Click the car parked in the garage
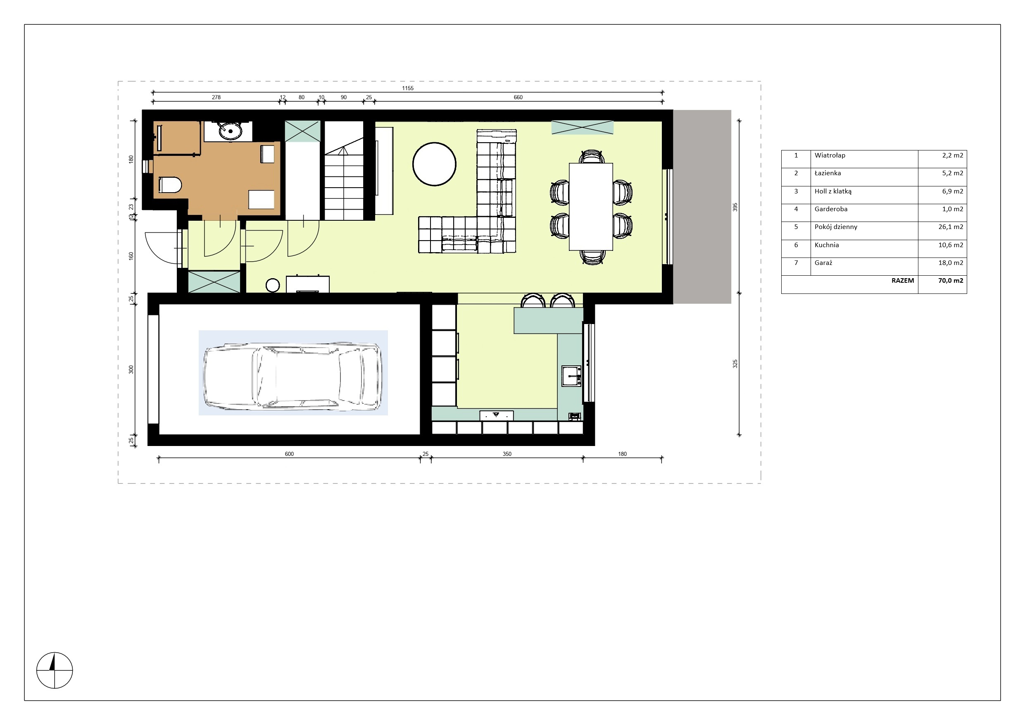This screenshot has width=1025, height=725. (293, 376)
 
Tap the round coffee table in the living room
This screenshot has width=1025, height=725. (434, 164)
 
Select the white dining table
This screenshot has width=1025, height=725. (591, 206)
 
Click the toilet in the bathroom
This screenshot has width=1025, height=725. (170, 184)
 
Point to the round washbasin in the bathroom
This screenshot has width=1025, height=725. (230, 131)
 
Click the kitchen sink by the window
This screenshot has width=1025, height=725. (571, 376)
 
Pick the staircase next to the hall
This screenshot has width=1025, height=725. (344, 171)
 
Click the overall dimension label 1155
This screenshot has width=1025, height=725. (408, 88)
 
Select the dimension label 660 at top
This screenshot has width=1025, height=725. (518, 97)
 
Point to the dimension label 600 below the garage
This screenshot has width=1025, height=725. (289, 454)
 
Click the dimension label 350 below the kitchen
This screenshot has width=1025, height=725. (507, 454)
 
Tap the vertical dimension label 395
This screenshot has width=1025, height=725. (735, 207)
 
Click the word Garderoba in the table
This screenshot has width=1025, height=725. (831, 209)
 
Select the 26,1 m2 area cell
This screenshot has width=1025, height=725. (951, 227)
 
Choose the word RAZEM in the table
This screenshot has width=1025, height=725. (903, 281)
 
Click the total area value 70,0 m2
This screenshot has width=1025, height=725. (951, 281)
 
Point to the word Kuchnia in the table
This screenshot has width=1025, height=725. (827, 245)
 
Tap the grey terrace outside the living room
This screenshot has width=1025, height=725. (702, 207)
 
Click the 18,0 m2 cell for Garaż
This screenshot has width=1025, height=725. (951, 262)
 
